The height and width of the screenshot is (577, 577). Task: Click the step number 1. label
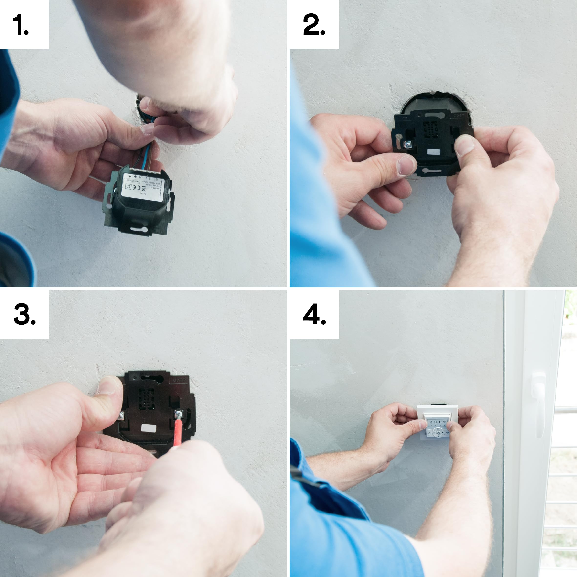click(x=21, y=24)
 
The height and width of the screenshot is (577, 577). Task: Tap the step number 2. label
click(x=314, y=24)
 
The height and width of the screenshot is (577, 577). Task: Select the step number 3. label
click(x=24, y=314)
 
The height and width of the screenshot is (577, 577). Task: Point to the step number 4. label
click(x=314, y=314)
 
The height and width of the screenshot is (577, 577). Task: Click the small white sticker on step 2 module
click(x=434, y=152)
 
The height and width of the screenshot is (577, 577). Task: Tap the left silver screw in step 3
click(x=121, y=416)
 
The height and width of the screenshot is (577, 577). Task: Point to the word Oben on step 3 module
click(x=179, y=380)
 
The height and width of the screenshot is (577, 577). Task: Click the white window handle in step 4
click(x=538, y=403)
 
